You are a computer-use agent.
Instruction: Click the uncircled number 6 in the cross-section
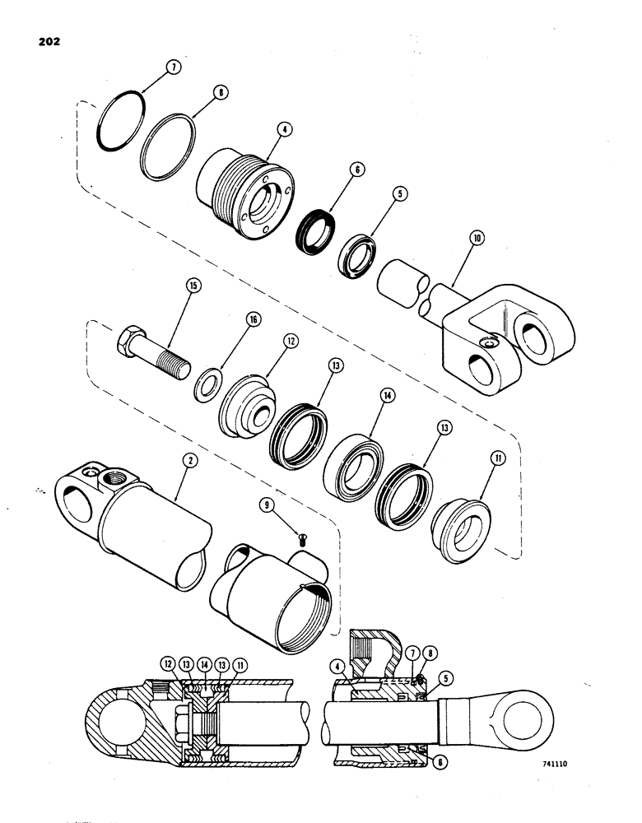tap(444, 763)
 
